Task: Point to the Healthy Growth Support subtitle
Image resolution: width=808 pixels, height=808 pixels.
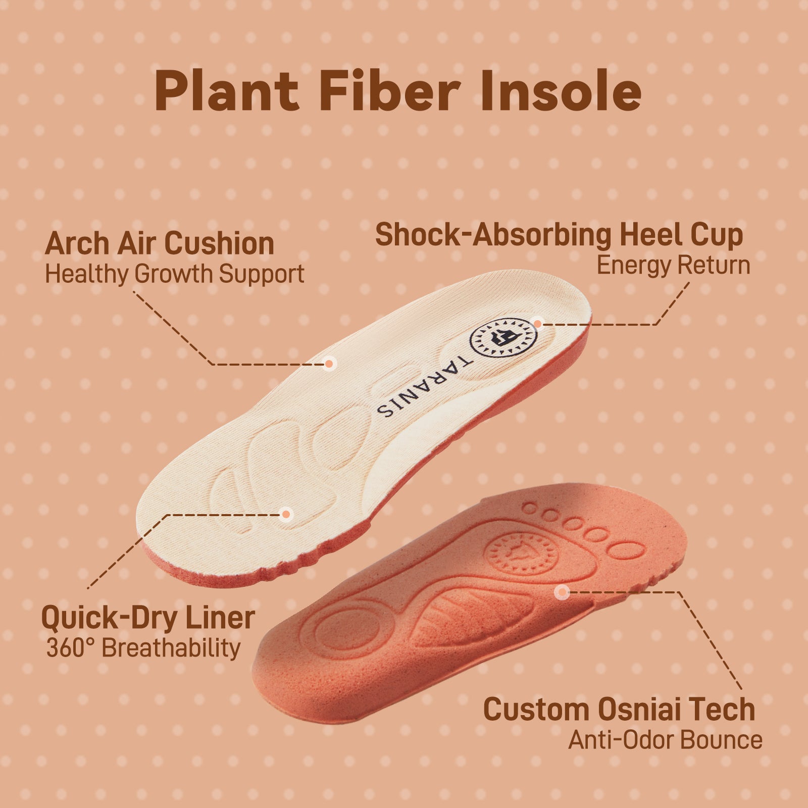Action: coord(175,274)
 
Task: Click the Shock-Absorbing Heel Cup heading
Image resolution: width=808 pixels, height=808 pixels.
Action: coord(559,235)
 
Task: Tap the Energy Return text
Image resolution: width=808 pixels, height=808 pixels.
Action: coord(673,265)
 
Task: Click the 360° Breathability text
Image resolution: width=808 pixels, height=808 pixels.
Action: coord(143,648)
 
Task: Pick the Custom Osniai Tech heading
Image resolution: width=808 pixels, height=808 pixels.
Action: coord(619,709)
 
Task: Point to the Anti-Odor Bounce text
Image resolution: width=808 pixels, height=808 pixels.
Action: coord(665,740)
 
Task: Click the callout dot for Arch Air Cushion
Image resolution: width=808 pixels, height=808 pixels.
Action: coord(329,363)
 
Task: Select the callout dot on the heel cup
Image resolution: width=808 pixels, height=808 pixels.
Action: coord(538,324)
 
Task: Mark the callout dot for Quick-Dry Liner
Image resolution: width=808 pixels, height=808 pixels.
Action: coord(286,515)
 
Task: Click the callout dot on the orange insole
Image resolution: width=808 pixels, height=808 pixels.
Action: coord(562,593)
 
